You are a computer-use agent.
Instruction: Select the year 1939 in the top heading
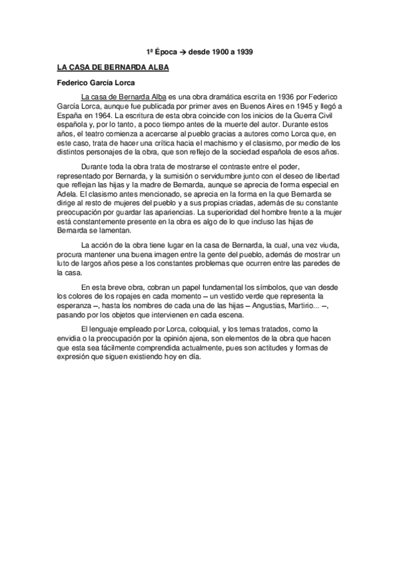coord(245,51)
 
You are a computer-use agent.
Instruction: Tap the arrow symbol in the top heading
coord(183,51)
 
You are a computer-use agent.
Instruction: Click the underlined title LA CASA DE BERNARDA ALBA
coord(113,67)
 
